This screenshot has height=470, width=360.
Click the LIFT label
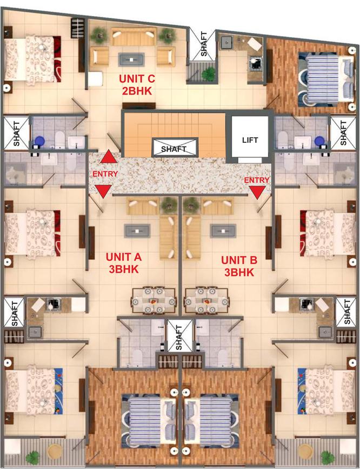250,140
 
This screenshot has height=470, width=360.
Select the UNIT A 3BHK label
123,263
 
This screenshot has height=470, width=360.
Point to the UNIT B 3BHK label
239,266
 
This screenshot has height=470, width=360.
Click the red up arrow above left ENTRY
109,157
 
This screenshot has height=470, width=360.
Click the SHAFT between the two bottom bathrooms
179,336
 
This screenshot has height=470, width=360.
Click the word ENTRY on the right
257,180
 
